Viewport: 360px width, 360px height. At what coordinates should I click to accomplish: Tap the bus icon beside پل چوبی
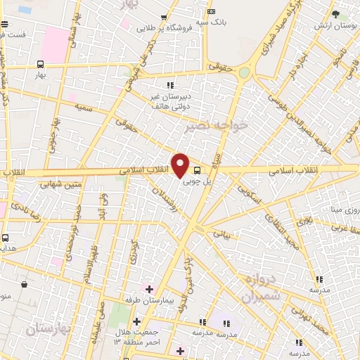[x=196, y=169]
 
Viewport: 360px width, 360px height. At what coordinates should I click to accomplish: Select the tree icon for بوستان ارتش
[x=337, y=14]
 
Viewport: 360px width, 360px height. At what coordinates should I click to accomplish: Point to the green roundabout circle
[x=244, y=72]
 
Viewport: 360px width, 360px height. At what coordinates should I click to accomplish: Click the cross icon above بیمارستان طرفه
[x=148, y=288]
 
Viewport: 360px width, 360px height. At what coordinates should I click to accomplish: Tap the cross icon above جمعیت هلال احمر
[x=136, y=321]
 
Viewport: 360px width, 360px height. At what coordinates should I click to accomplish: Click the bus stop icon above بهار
[x=39, y=64]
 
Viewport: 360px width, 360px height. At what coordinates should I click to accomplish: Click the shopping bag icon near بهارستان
[x=25, y=285]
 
